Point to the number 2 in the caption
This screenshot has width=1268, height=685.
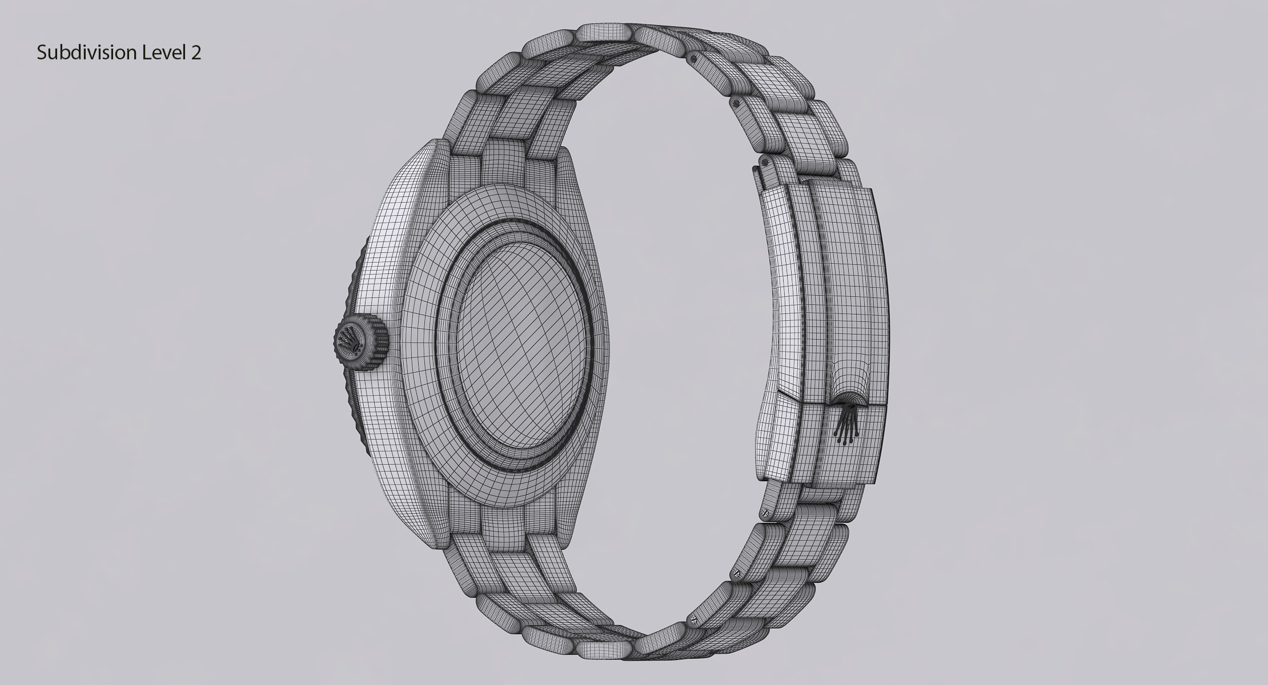[196, 53]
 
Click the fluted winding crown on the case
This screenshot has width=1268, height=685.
[360, 342]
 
